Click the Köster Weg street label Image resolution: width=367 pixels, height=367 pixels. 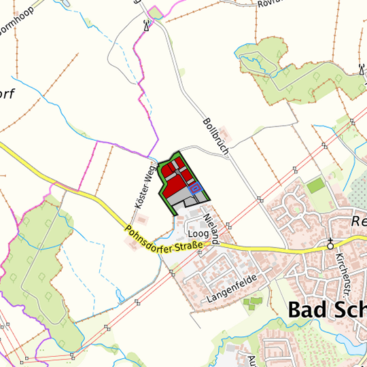pyautogui.click(x=141, y=188)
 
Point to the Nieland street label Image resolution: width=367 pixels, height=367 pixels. pyautogui.click(x=211, y=228)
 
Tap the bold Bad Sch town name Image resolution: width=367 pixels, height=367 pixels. pyautogui.click(x=327, y=309)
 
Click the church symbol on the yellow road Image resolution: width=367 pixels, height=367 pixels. pyautogui.click(x=330, y=243)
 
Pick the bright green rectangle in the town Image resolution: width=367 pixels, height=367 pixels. pyautogui.click(x=315, y=184)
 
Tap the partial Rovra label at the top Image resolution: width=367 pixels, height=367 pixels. pyautogui.click(x=268, y=3)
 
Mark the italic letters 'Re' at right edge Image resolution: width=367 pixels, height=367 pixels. pyautogui.click(x=358, y=221)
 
